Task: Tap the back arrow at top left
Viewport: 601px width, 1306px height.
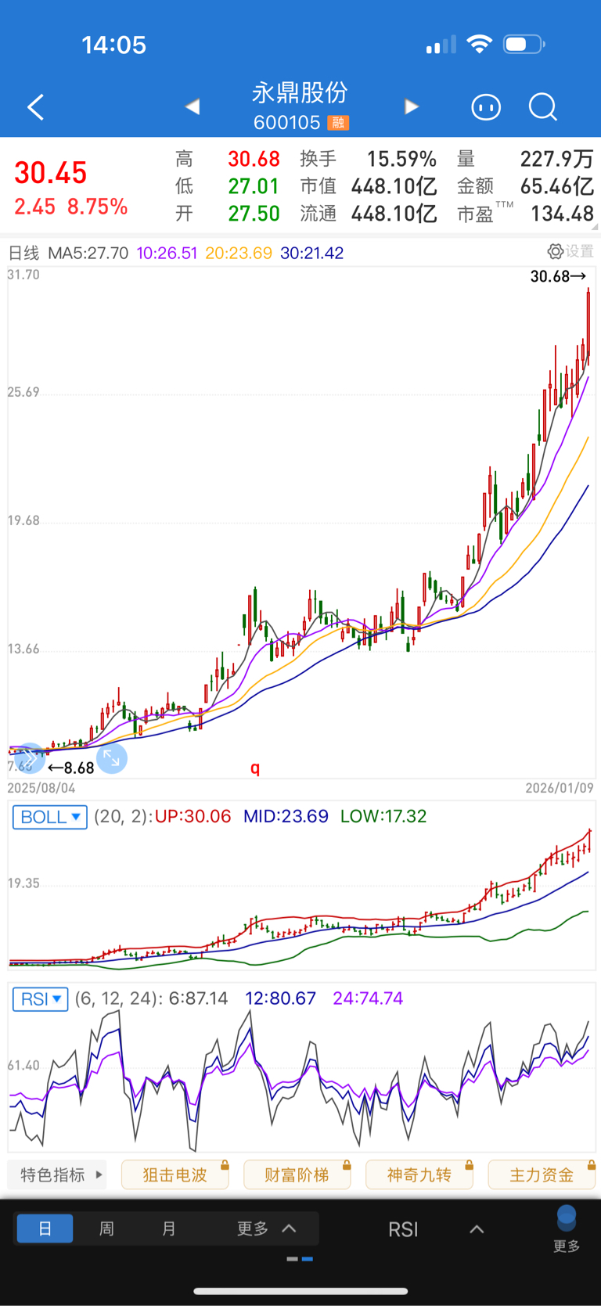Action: click(35, 107)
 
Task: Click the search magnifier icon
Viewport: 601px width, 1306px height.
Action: click(542, 106)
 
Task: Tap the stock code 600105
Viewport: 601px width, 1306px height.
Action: click(286, 123)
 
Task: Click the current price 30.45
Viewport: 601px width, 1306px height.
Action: click(50, 173)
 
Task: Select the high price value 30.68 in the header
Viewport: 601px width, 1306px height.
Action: click(254, 159)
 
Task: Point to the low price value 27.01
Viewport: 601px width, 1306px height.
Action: click(254, 186)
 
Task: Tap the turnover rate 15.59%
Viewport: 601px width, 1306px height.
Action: click(401, 159)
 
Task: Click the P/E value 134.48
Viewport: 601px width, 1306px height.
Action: click(562, 214)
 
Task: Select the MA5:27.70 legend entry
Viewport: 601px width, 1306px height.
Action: click(88, 253)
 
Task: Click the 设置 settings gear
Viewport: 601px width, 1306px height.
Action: click(570, 251)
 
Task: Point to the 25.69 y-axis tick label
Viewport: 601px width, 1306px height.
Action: click(23, 392)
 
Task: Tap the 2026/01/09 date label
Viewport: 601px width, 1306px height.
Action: click(559, 788)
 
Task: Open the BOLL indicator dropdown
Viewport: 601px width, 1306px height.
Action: click(50, 817)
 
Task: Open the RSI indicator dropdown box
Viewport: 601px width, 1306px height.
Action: click(41, 999)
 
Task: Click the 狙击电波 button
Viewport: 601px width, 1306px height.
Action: click(175, 1175)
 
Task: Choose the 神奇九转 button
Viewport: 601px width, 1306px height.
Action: click(419, 1175)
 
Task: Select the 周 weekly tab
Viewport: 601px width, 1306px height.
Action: click(106, 1229)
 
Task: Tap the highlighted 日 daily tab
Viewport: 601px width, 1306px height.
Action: click(45, 1229)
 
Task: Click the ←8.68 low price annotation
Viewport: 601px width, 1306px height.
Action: click(71, 768)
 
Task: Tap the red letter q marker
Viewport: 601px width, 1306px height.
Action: click(255, 768)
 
